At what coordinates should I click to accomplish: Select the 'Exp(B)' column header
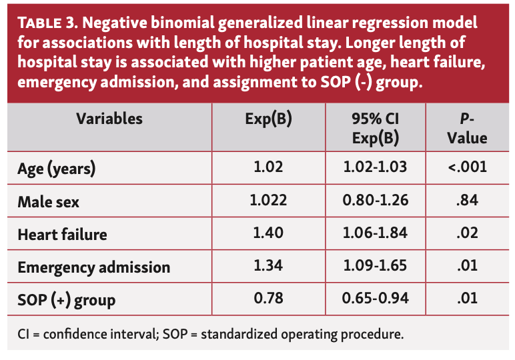pyautogui.click(x=270, y=120)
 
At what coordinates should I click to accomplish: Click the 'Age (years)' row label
pyautogui.click(x=57, y=169)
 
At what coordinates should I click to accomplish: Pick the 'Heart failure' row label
pyautogui.click(x=62, y=234)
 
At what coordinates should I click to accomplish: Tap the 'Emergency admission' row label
pyautogui.click(x=94, y=267)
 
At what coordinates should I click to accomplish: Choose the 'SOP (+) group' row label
pyautogui.click(x=66, y=300)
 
